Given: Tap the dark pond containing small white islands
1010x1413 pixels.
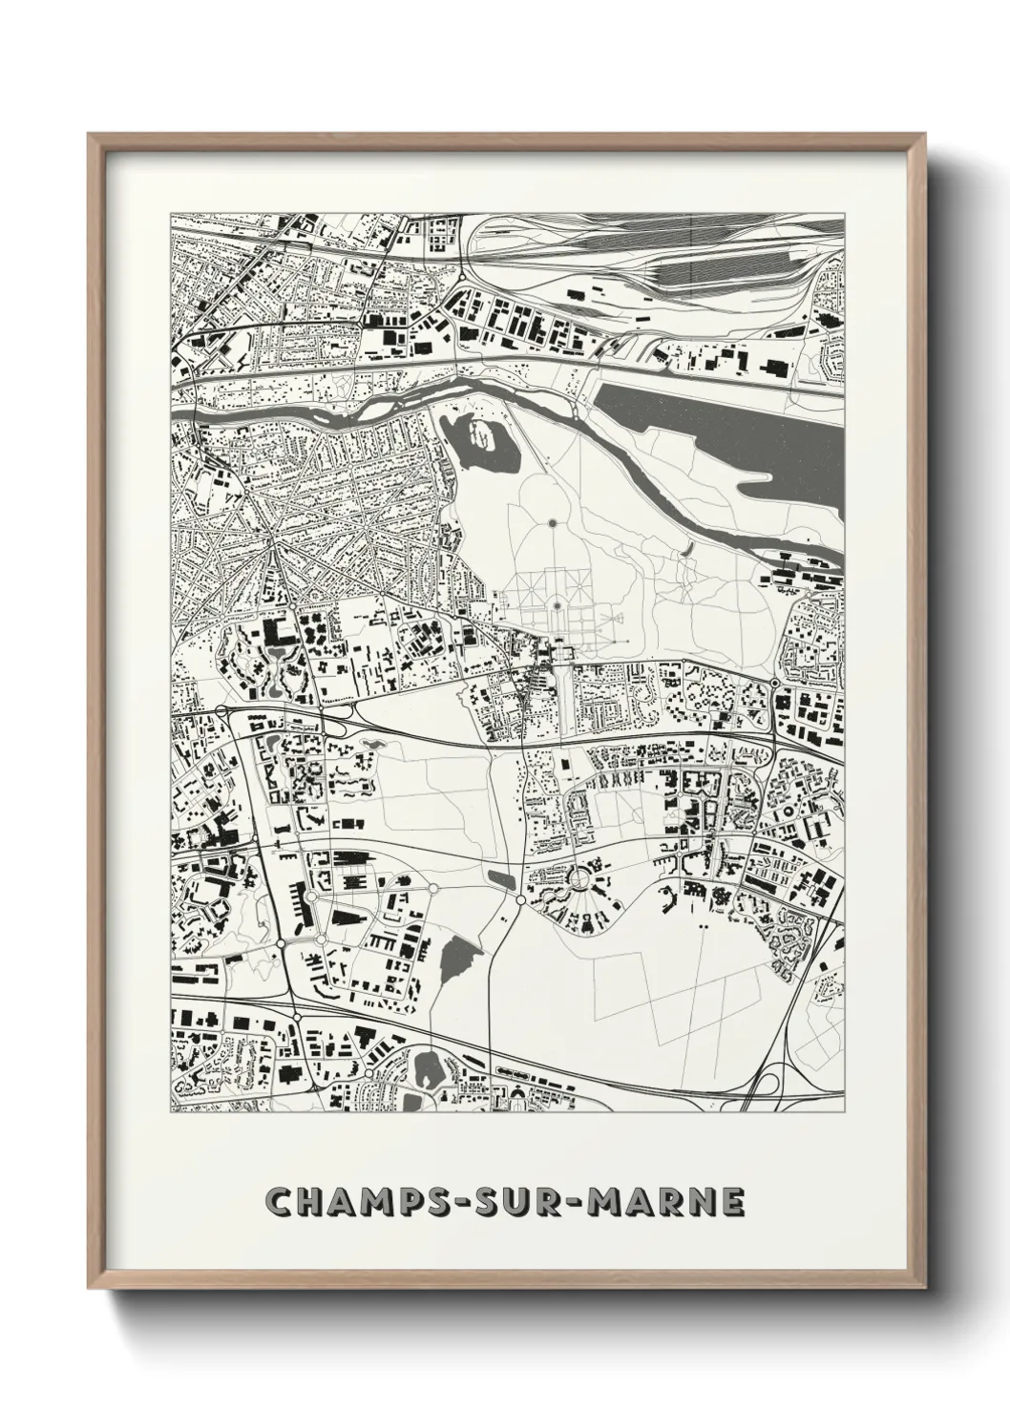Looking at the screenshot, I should (x=486, y=441).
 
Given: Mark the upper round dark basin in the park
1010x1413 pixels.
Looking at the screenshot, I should (x=552, y=522).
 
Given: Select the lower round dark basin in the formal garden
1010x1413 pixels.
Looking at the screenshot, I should (x=555, y=604).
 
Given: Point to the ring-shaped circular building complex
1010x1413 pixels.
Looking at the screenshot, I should (x=579, y=876).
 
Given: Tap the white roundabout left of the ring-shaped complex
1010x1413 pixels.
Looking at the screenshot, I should (x=520, y=899).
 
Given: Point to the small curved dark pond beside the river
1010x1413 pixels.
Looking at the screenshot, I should (x=686, y=550).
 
